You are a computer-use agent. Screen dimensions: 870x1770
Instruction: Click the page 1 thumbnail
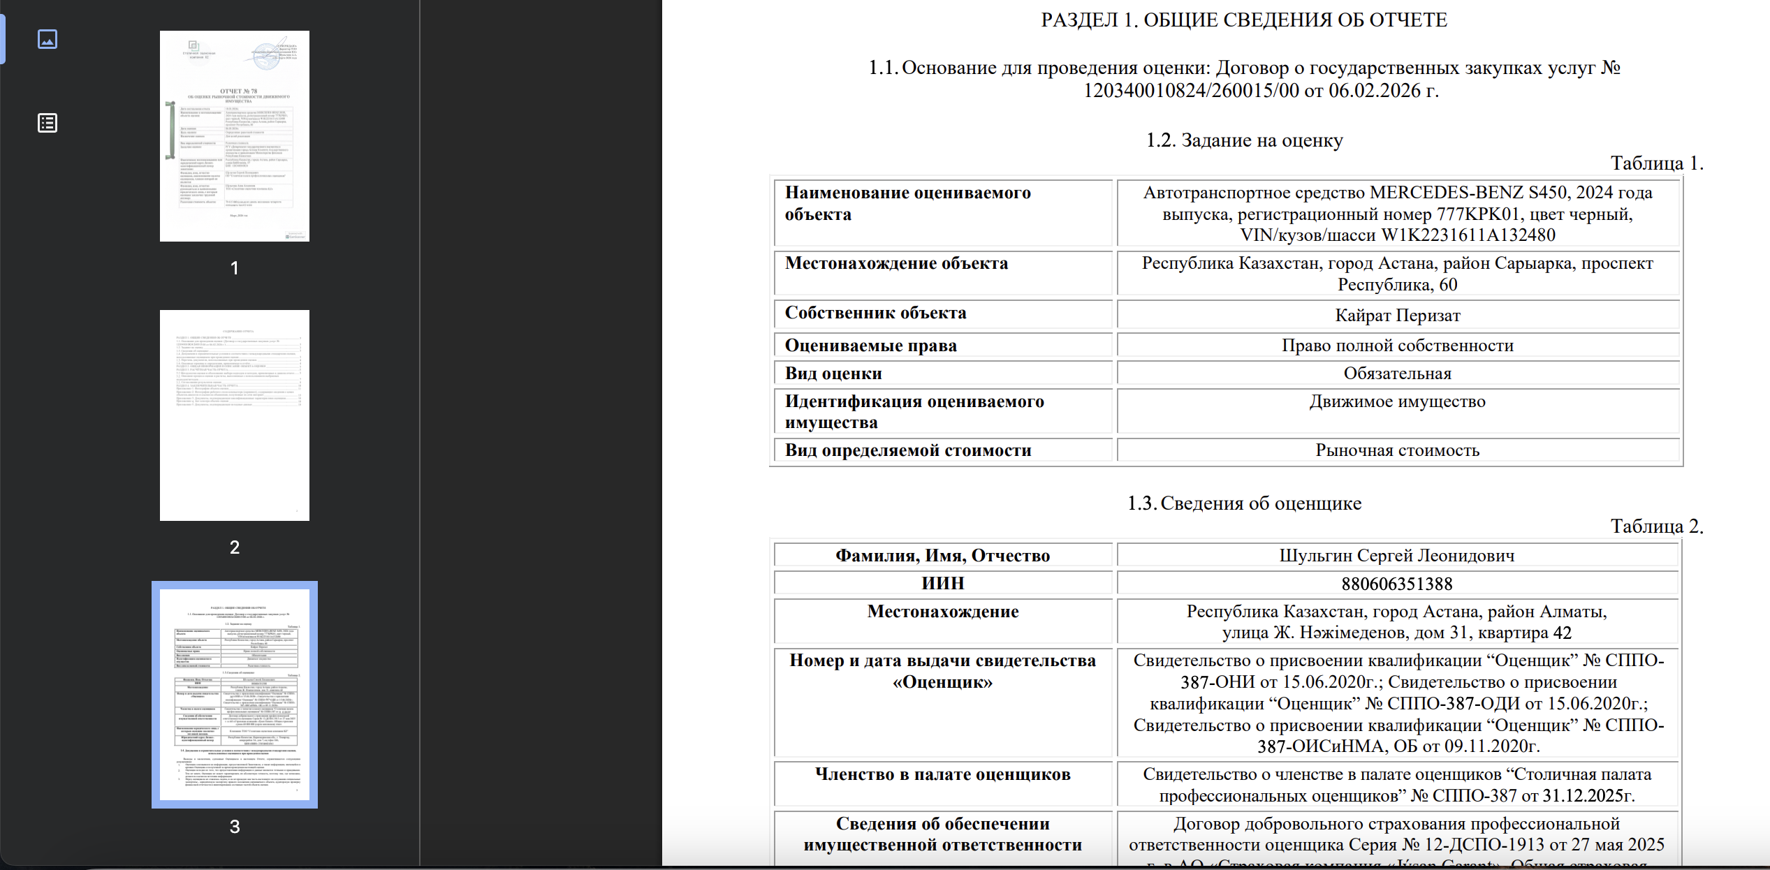click(x=235, y=136)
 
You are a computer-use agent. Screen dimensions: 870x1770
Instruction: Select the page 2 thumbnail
click(x=235, y=415)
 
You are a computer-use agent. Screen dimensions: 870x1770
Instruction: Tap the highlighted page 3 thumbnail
click(x=235, y=694)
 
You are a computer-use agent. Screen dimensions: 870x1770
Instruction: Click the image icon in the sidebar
click(x=47, y=39)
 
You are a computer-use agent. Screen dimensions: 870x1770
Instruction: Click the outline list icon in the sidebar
click(x=47, y=124)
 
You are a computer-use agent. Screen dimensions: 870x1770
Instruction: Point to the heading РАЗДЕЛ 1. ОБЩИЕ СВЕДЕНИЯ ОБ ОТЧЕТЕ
click(x=1244, y=20)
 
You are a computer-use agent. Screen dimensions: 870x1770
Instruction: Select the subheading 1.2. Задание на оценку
click(x=1244, y=140)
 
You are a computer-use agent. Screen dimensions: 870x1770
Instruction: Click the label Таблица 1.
click(x=1656, y=163)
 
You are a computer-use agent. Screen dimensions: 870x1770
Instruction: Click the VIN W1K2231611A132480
click(x=1468, y=235)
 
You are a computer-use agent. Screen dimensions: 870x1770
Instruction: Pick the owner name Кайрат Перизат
click(x=1398, y=316)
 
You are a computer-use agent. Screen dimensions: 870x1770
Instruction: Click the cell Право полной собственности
click(x=1398, y=346)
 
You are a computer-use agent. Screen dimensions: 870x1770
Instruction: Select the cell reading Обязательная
click(x=1398, y=374)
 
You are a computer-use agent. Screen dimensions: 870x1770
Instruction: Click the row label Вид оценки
click(x=833, y=374)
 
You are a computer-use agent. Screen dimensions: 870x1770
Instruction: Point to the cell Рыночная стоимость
click(x=1398, y=450)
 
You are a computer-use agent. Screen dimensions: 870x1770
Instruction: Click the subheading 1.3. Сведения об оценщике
click(x=1244, y=503)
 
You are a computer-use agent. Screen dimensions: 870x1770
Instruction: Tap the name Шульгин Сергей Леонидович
click(x=1397, y=556)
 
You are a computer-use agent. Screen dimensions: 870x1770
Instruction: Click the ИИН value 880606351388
click(x=1397, y=584)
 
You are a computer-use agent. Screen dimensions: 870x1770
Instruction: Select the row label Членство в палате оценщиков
click(x=942, y=774)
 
